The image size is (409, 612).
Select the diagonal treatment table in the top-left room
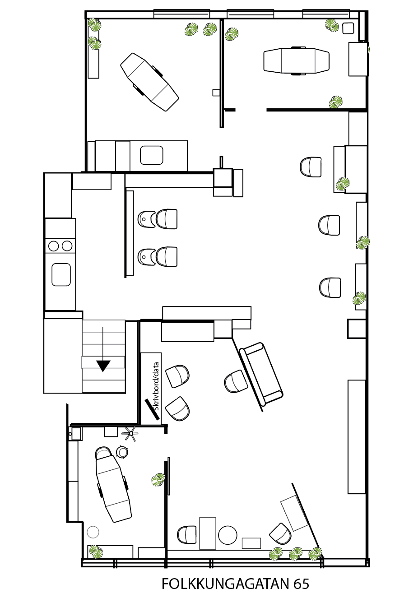149,82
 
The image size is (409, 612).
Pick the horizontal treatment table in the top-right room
296,60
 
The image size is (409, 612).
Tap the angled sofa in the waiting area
260,374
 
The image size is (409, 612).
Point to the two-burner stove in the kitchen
60,246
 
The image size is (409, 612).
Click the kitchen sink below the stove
61,274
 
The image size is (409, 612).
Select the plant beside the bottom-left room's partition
158,479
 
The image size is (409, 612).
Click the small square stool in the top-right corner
348,28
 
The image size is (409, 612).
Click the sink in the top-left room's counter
152,155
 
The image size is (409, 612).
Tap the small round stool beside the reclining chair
122,451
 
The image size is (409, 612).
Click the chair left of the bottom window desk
187,535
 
